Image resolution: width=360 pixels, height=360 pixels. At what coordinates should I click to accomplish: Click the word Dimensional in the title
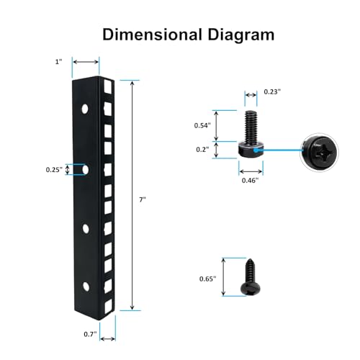pos(153,35)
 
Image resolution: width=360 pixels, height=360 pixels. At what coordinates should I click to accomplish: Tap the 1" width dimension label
pos(58,62)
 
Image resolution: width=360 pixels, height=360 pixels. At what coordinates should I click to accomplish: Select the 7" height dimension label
pos(143,199)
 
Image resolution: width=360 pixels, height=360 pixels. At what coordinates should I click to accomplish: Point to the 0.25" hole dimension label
pos(54,170)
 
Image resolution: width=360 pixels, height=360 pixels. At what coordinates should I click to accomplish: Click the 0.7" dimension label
pos(90,334)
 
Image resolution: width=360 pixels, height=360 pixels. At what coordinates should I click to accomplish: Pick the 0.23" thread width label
pos(272,91)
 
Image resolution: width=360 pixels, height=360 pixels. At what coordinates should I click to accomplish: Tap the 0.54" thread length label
pos(202,125)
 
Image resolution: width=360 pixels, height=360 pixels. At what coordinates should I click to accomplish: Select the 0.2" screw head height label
pos(202,149)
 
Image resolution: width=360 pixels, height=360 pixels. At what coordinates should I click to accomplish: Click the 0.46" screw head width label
pos(250,181)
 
